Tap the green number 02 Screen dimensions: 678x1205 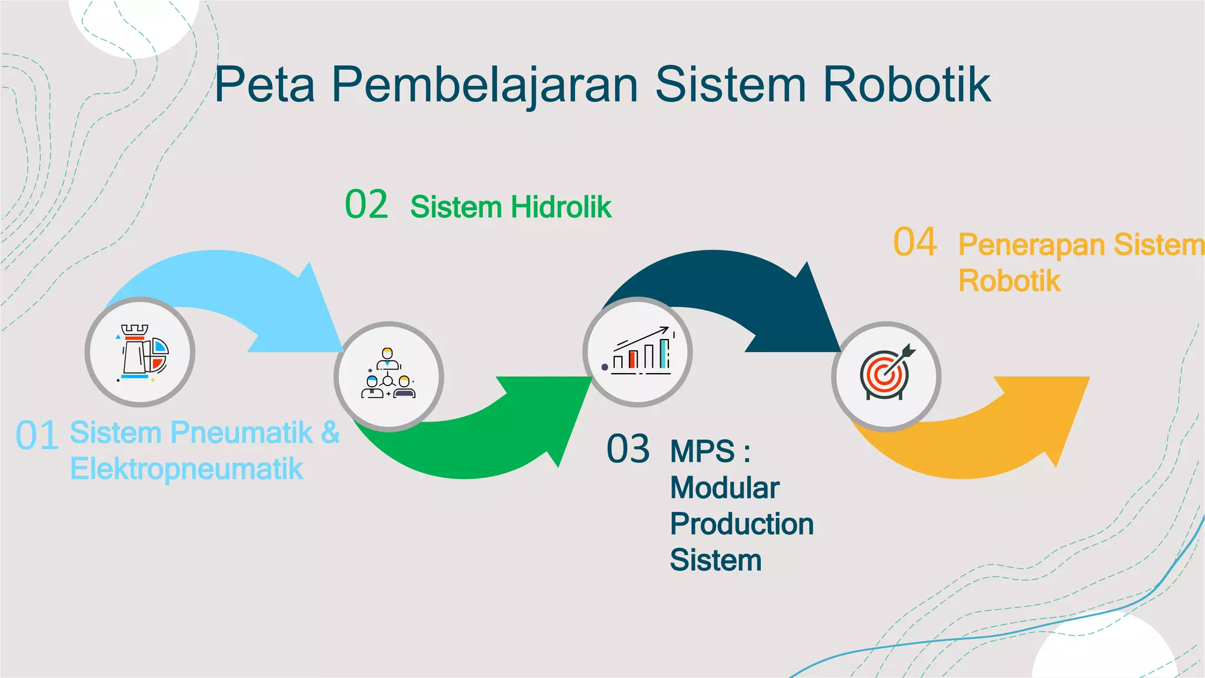(x=366, y=205)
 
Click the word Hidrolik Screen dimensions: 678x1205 (x=561, y=207)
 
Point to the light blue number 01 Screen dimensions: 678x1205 (x=36, y=436)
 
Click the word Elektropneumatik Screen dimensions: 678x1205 (x=187, y=469)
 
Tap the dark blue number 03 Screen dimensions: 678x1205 (x=628, y=449)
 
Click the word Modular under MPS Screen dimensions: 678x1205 (x=724, y=488)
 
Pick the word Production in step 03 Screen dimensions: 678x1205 (x=741, y=524)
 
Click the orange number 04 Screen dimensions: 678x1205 (x=915, y=242)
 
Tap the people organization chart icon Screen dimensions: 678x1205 (x=388, y=374)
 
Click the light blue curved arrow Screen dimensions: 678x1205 (x=235, y=282)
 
